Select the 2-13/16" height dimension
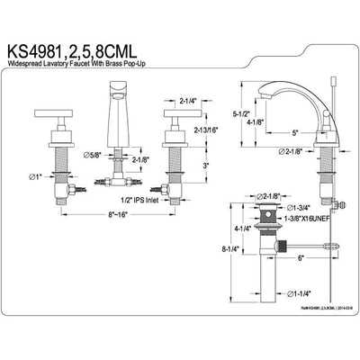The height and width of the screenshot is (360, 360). (x=202, y=130)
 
